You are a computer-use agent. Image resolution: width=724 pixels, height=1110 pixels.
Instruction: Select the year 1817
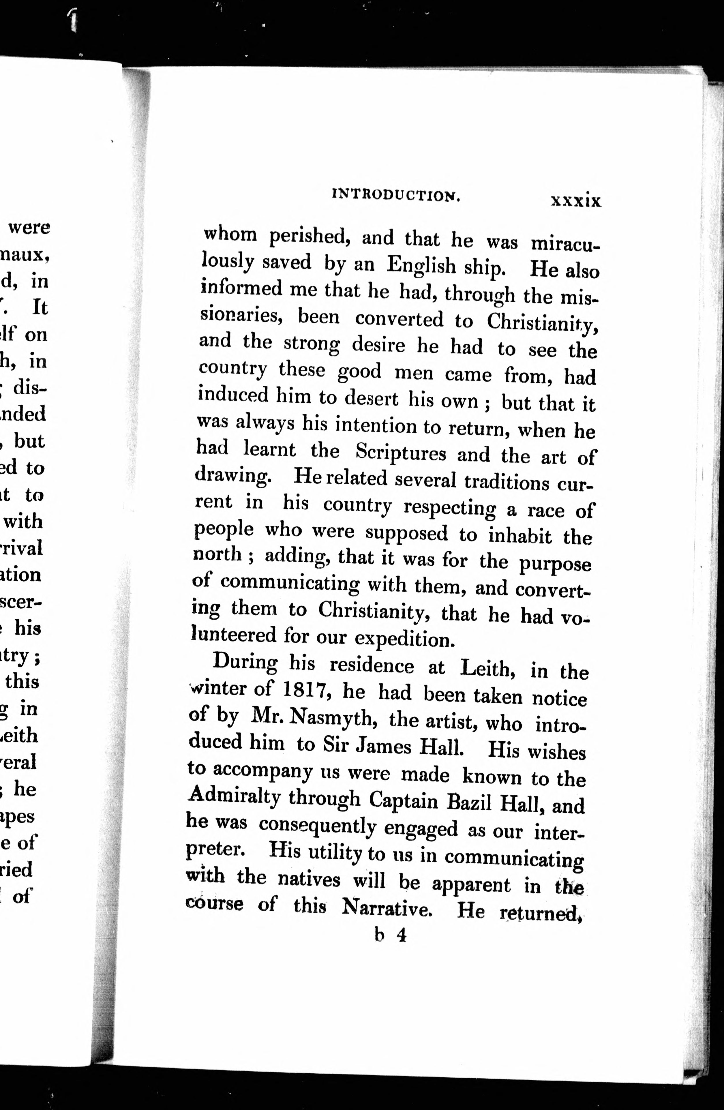pos(307,690)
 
